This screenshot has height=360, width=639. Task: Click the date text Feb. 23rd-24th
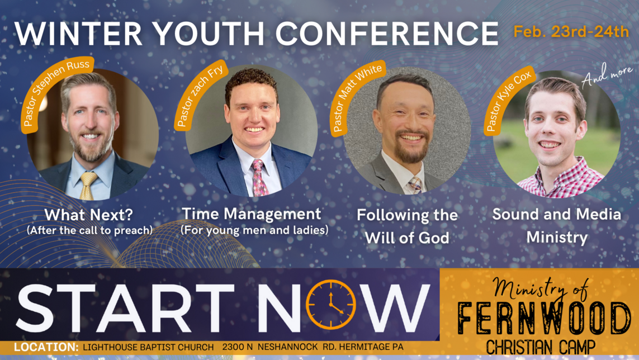pyautogui.click(x=571, y=31)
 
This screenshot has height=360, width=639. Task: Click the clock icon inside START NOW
pyautogui.click(x=331, y=304)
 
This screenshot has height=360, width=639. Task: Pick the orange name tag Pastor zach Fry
pyautogui.click(x=200, y=94)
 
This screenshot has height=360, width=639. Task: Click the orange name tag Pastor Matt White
pyautogui.click(x=358, y=98)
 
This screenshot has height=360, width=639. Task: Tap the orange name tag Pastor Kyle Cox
pyautogui.click(x=507, y=101)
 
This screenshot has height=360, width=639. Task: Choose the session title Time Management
pyautogui.click(x=252, y=214)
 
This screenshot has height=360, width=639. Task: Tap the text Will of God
pyautogui.click(x=407, y=238)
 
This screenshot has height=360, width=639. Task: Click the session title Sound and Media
pyautogui.click(x=556, y=215)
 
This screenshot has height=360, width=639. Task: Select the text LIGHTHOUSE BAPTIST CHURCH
pyautogui.click(x=148, y=347)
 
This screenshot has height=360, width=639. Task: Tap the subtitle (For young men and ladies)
pyautogui.click(x=254, y=229)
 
